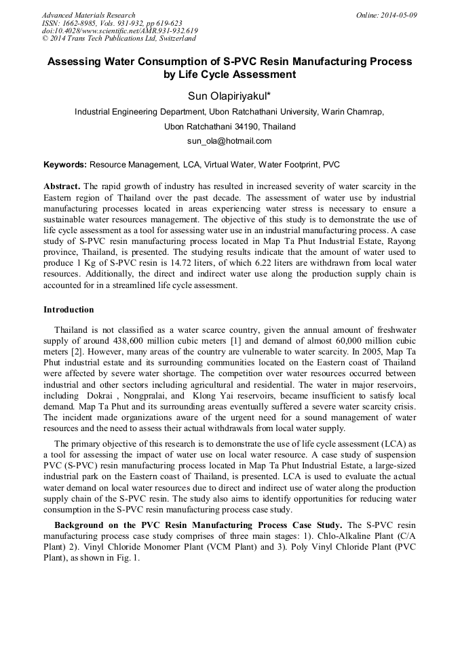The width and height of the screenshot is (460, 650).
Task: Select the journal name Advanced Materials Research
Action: (x=89, y=15)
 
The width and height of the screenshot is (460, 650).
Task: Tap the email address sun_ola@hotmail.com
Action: (x=229, y=141)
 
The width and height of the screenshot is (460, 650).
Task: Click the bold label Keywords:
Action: (x=65, y=165)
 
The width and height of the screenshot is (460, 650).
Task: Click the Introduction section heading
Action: (x=69, y=310)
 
